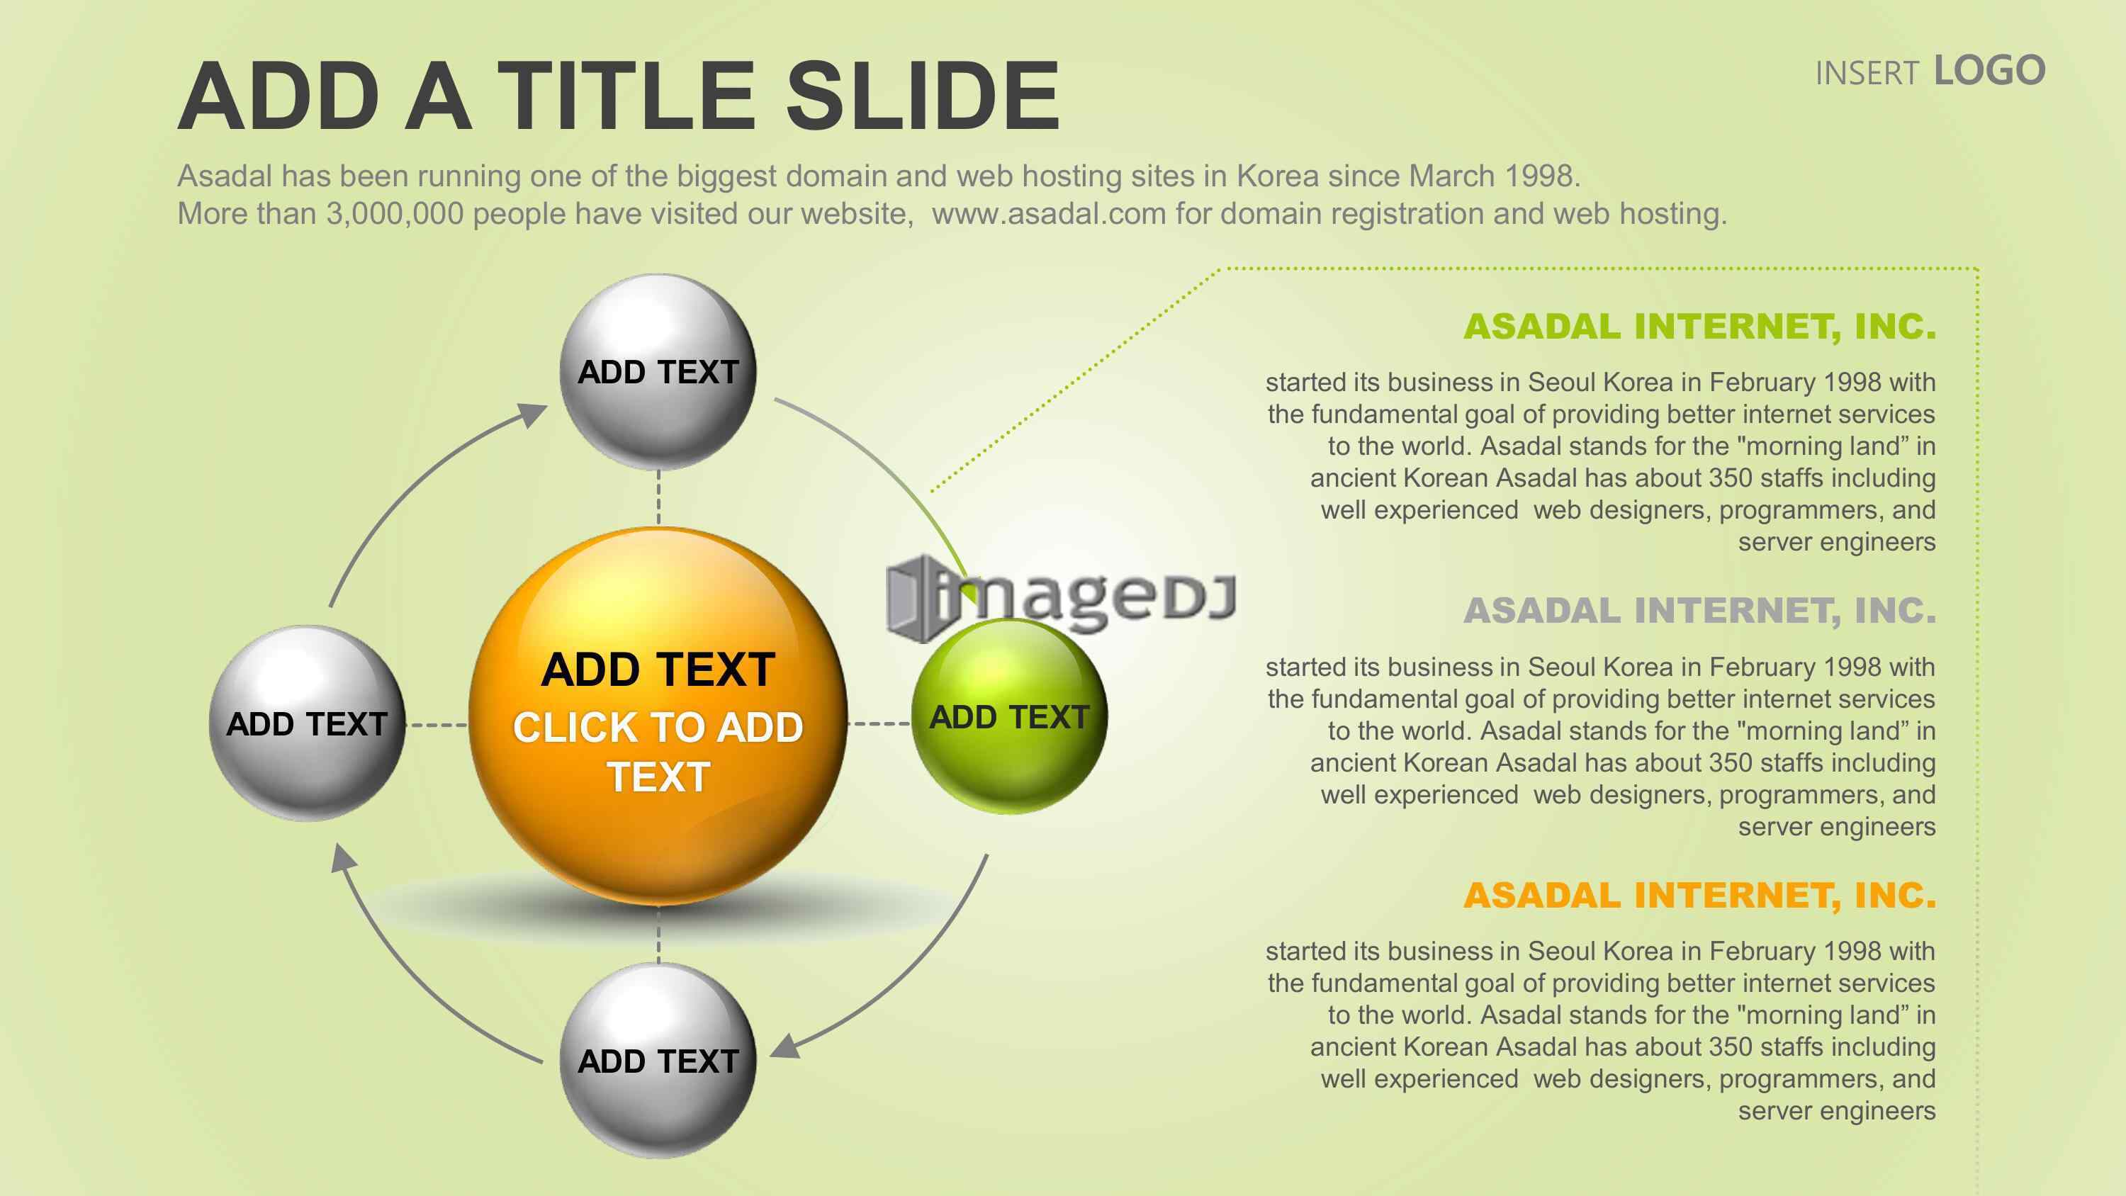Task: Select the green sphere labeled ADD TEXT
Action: (1009, 716)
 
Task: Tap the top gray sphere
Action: (658, 372)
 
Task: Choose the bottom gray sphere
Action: (658, 1061)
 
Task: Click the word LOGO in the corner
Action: (1990, 71)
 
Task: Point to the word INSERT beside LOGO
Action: (1867, 74)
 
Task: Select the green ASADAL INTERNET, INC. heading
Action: (1699, 326)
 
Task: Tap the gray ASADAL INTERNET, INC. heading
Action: (1699, 611)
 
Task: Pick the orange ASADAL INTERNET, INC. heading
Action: (1699, 896)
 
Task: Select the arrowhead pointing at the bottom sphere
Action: (785, 1046)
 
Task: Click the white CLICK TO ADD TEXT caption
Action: (658, 752)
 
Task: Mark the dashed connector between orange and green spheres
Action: (879, 724)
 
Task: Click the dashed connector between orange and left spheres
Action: (437, 726)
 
